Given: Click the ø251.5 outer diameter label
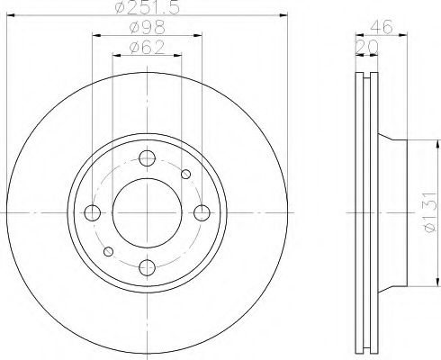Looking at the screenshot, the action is (x=147, y=7).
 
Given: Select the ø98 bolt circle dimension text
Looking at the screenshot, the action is (x=147, y=28).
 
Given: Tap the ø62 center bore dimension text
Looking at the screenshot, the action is (x=147, y=48).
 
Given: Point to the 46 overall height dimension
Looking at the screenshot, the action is (x=381, y=27).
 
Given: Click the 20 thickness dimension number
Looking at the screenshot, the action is (x=366, y=47).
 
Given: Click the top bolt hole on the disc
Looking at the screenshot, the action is (x=147, y=158).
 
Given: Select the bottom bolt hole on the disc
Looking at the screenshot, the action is (x=147, y=267).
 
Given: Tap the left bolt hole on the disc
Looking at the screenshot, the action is (x=93, y=212).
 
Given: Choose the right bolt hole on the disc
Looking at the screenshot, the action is (x=202, y=212).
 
